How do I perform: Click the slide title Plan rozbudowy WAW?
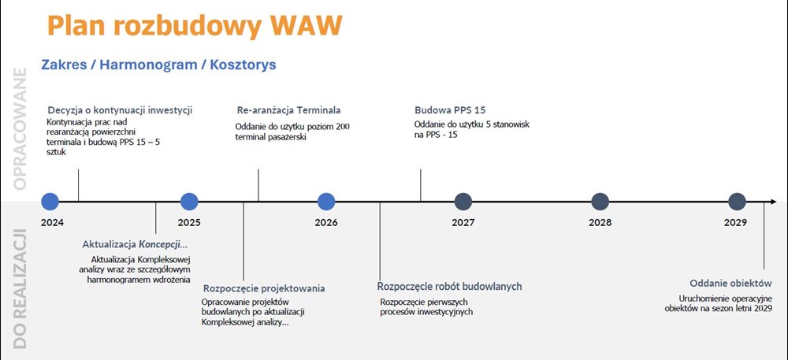click(x=195, y=26)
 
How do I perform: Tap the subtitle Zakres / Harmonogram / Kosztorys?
click(x=159, y=65)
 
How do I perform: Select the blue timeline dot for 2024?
click(x=50, y=202)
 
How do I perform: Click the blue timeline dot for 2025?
click(x=189, y=202)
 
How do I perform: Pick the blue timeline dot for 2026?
click(x=326, y=202)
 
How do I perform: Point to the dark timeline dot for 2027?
click(x=463, y=202)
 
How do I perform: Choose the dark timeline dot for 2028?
click(x=600, y=202)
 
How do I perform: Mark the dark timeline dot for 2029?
click(x=737, y=202)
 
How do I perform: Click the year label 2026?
click(x=326, y=222)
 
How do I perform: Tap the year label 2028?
click(x=600, y=222)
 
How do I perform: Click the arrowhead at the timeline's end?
click(x=773, y=202)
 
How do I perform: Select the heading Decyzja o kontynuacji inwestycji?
click(x=120, y=110)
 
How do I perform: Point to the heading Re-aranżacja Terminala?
click(x=288, y=110)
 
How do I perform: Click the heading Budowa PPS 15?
click(x=450, y=110)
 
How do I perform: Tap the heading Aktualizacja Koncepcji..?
click(x=134, y=245)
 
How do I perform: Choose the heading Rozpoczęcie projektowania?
click(x=264, y=288)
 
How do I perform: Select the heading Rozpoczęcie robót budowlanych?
click(x=450, y=287)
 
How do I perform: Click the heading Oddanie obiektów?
click(x=730, y=283)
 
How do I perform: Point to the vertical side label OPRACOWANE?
click(x=20, y=129)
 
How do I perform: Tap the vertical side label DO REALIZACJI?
click(x=20, y=288)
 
